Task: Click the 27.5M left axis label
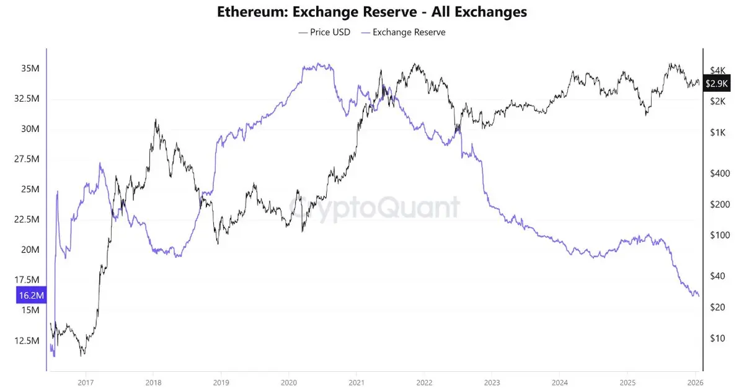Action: tap(27, 159)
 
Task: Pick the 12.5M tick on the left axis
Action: tap(27, 341)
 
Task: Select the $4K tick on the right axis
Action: tap(718, 70)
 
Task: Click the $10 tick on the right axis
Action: tap(718, 338)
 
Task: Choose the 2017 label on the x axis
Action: tap(86, 382)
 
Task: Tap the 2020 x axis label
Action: tap(288, 382)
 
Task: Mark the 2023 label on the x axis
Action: tap(492, 382)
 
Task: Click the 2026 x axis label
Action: tap(694, 382)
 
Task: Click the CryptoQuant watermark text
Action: tap(374, 208)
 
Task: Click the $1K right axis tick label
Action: tap(718, 133)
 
